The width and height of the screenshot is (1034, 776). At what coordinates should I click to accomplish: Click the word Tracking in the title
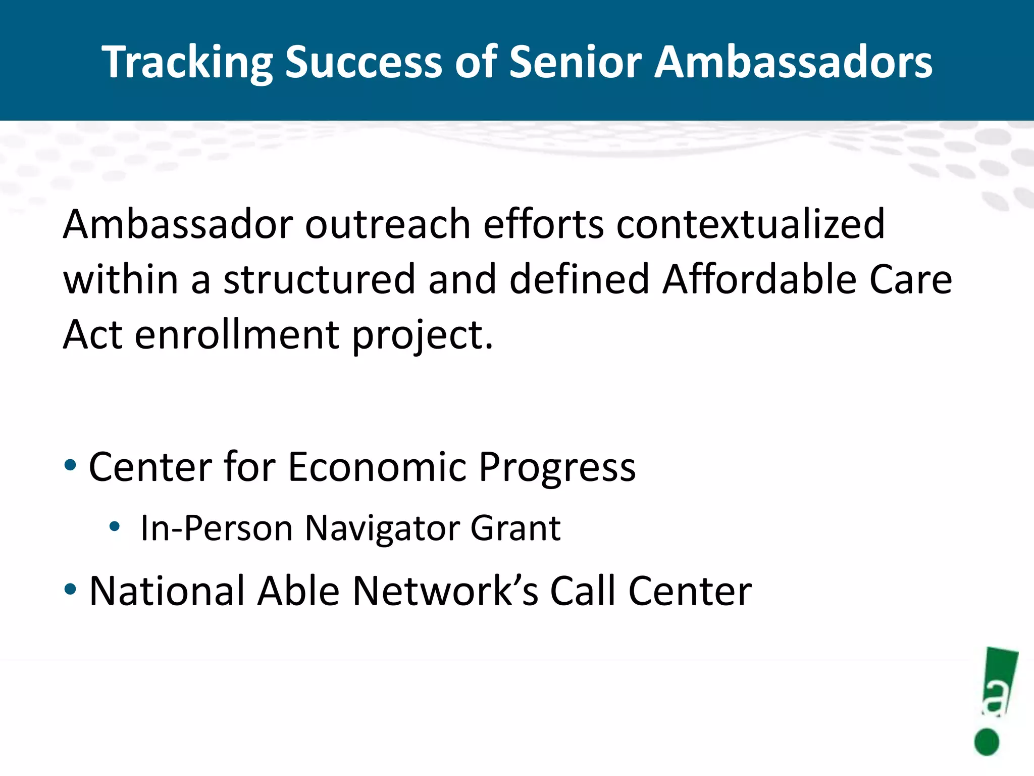187,63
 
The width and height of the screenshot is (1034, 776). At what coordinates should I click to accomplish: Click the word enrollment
237,335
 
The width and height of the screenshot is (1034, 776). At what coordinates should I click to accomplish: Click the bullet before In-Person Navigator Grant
115,526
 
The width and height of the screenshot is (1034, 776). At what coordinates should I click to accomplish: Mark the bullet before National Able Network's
71,589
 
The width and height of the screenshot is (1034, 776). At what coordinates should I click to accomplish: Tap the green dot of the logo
987,742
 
